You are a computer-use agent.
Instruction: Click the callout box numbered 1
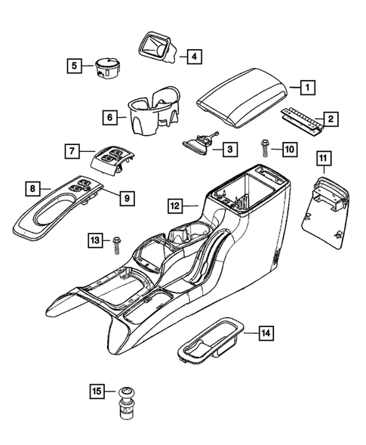(x=307, y=87)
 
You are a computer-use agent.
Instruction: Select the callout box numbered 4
(x=194, y=55)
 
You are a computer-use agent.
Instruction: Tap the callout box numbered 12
(x=174, y=204)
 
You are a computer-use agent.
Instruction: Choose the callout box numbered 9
(x=126, y=198)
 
